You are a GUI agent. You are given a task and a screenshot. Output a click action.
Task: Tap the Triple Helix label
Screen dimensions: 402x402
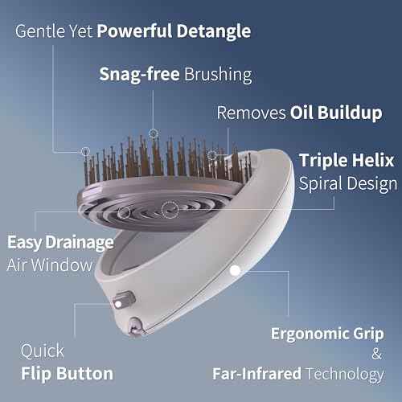coord(348,159)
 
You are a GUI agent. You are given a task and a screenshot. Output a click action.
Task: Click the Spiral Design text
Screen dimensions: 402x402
coord(348,183)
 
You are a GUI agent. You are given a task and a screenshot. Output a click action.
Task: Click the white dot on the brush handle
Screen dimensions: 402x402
coord(234,271)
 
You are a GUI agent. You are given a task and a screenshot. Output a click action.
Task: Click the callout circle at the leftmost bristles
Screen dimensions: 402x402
coord(85,150)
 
